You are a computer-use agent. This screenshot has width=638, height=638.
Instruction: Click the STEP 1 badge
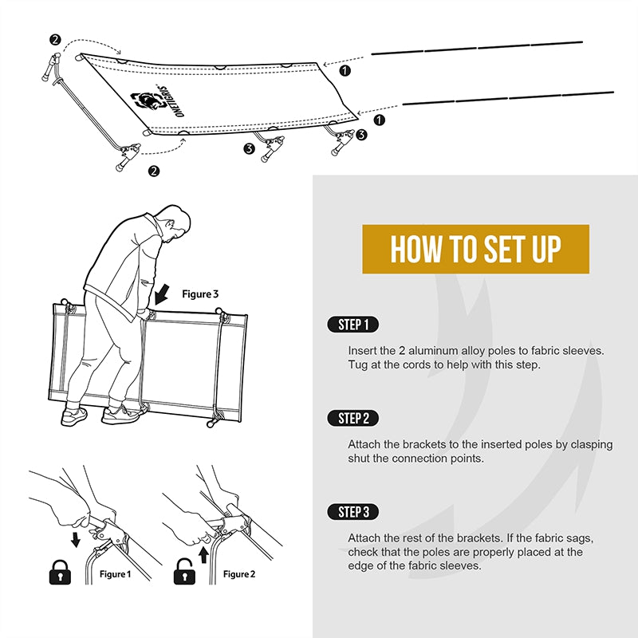point(352,325)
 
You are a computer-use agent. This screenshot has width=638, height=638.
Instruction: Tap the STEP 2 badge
point(352,418)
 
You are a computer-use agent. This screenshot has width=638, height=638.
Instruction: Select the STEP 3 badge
point(352,512)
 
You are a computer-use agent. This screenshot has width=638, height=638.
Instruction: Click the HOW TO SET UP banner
point(475,249)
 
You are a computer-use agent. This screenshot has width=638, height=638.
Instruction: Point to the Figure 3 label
point(200,293)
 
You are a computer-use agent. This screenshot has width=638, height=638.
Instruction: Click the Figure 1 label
point(115,574)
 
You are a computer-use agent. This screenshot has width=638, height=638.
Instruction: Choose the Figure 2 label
point(239,574)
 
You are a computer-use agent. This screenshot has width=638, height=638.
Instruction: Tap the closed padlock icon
point(60,572)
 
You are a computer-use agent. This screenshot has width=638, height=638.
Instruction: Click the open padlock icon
point(184,572)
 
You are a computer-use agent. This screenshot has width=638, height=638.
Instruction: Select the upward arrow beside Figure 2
point(204,555)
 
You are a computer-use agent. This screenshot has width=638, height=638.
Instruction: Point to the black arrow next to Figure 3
point(162,294)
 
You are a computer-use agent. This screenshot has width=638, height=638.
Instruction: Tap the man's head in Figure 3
point(175,222)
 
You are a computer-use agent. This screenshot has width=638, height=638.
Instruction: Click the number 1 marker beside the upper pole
point(345,71)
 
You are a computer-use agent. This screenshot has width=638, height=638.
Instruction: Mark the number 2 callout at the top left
point(55,40)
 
